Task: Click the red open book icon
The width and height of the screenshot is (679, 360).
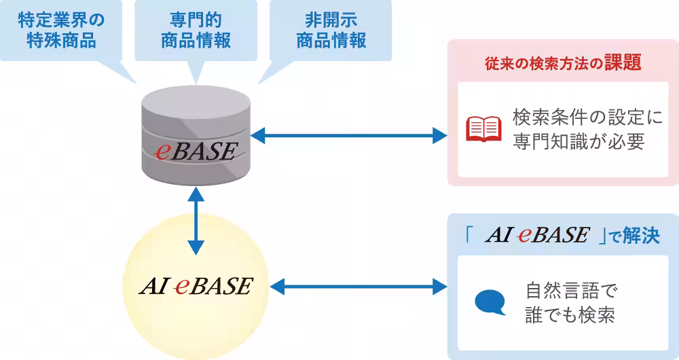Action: (x=483, y=128)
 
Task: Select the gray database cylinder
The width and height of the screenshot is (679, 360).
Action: (x=196, y=136)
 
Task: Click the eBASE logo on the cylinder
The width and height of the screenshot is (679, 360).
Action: (x=196, y=151)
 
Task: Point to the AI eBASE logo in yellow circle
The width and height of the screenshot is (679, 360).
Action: (x=196, y=285)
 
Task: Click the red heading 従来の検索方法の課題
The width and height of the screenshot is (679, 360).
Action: (x=562, y=63)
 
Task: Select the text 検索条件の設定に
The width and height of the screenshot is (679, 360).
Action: (x=587, y=117)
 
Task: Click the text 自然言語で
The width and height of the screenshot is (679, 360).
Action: (x=571, y=290)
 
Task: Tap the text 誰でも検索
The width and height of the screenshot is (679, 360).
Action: (x=570, y=314)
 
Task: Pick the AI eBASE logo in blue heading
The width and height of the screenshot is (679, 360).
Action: (x=537, y=235)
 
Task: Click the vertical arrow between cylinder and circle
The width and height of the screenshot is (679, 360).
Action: (x=196, y=221)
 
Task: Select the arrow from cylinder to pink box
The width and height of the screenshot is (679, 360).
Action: (x=349, y=136)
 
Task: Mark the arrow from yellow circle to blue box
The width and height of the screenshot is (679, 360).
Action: (x=359, y=287)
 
